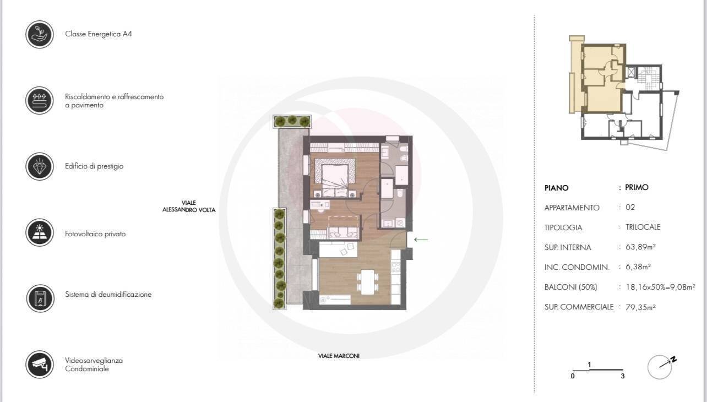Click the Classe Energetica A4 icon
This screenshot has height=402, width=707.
click(x=40, y=34)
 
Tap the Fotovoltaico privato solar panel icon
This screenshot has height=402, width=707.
click(x=40, y=232)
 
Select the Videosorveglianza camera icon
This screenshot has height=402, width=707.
click(x=40, y=365)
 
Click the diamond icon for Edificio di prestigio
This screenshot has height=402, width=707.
click(x=40, y=167)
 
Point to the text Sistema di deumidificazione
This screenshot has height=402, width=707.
click(x=108, y=295)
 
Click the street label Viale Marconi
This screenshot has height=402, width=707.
click(x=339, y=356)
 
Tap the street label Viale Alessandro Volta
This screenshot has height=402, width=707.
click(x=189, y=207)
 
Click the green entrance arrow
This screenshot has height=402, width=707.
click(x=421, y=240)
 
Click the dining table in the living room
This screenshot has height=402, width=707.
click(x=367, y=282)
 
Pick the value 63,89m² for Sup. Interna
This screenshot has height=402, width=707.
click(x=640, y=247)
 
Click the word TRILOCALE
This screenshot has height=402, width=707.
click(x=643, y=227)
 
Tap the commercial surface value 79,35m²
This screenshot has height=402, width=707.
click(x=640, y=307)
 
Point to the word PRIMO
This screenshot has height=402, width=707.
click(x=637, y=187)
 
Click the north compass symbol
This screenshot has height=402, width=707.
click(x=661, y=367)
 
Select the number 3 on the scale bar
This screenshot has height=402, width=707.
click(x=622, y=376)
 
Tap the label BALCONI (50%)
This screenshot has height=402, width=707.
click(x=570, y=287)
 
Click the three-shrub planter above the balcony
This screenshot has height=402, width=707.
click(x=292, y=122)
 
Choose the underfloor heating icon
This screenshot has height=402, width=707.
click(x=40, y=101)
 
